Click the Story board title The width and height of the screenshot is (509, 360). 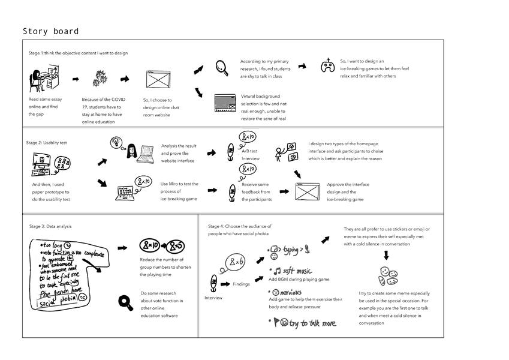tap(50, 32)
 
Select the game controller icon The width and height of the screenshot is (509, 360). tap(327, 66)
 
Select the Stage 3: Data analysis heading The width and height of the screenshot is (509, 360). tap(50, 226)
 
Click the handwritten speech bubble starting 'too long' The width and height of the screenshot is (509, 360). tap(66, 273)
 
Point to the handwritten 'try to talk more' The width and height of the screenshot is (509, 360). tap(312, 323)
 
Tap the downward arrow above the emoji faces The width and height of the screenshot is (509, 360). tap(385, 255)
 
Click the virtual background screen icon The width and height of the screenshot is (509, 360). tap(225, 103)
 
